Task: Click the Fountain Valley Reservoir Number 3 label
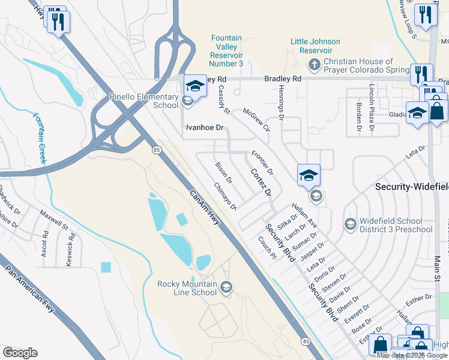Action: coord(226,51)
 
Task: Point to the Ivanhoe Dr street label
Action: coord(204,128)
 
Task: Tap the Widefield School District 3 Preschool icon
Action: coord(350,224)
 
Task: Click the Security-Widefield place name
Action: coord(411,187)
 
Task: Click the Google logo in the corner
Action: coord(20,352)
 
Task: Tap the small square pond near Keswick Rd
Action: coord(106,267)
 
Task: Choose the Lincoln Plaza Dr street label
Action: coord(372,108)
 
